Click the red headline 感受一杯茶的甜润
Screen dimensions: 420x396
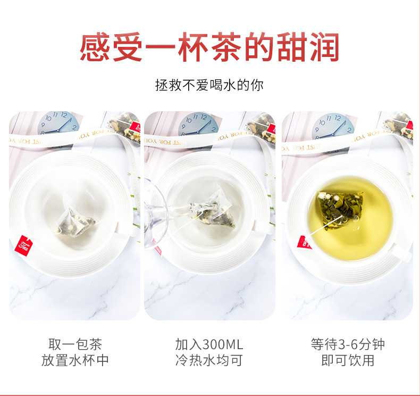209,47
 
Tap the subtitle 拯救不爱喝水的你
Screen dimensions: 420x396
209,85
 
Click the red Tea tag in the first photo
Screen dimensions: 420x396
23,245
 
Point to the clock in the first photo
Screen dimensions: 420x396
58,123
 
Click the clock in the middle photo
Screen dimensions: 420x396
198,124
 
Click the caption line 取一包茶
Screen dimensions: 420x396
75,344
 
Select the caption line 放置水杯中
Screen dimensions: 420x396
75,360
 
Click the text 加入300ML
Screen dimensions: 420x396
209,344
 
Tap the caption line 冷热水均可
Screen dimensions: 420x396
209,360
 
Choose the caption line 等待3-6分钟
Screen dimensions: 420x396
348,344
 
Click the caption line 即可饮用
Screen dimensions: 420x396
348,360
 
